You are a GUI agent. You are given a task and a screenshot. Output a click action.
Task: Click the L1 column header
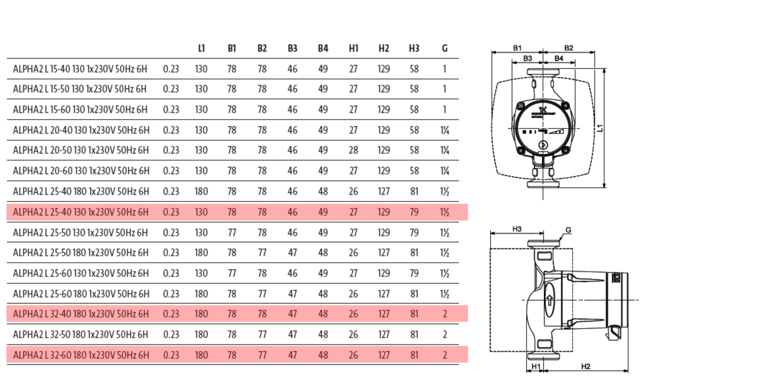[x=201, y=48]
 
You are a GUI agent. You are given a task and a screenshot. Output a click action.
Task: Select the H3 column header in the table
[x=414, y=48]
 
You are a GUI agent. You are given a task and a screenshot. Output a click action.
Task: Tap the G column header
[x=445, y=48]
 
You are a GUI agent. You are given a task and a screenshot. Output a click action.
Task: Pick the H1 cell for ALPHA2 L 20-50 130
[x=353, y=150]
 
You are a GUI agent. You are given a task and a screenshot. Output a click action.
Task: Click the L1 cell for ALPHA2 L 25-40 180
[x=201, y=191]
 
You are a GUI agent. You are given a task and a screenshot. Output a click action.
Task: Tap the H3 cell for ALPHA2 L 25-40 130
[x=414, y=212]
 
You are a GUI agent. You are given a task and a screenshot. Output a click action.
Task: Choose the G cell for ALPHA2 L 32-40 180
[x=445, y=314]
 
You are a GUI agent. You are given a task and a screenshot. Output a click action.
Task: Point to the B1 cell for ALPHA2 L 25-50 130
[x=232, y=233]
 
